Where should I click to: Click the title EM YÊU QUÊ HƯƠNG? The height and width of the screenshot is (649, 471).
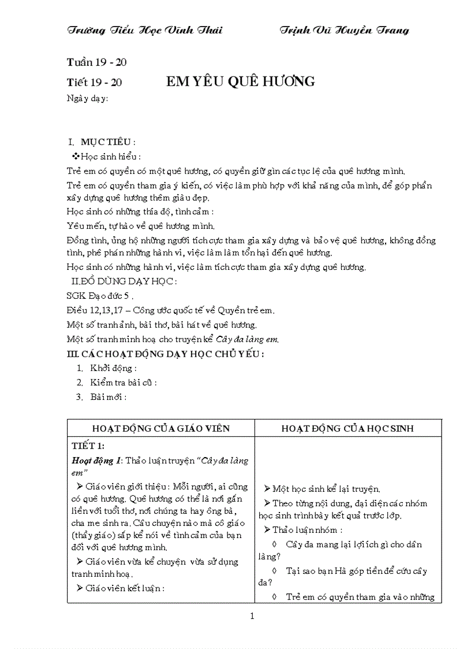click(240, 81)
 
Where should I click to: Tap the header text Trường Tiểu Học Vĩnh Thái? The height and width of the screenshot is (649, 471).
click(145, 31)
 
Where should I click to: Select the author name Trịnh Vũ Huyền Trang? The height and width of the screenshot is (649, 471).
click(344, 31)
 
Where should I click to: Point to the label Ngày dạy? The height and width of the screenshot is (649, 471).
click(88, 98)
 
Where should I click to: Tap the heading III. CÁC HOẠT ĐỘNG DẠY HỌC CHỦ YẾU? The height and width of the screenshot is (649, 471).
click(166, 354)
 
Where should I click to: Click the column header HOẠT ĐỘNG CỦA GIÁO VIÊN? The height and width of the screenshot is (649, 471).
click(161, 428)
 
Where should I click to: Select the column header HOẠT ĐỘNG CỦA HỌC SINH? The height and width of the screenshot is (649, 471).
click(348, 428)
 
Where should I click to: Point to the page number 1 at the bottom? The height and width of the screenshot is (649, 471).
click(252, 616)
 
